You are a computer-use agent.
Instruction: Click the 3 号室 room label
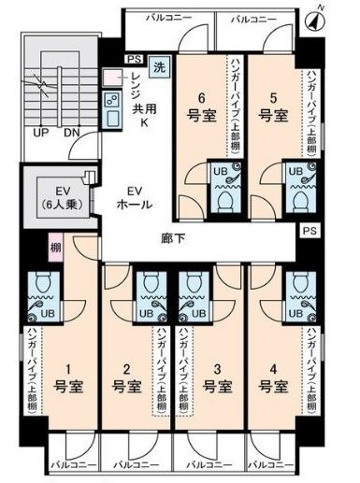click(x=216, y=376)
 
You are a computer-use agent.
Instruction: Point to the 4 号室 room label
click(x=274, y=376)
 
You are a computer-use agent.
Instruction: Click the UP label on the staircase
click(x=41, y=132)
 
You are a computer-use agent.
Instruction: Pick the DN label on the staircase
click(x=71, y=132)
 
